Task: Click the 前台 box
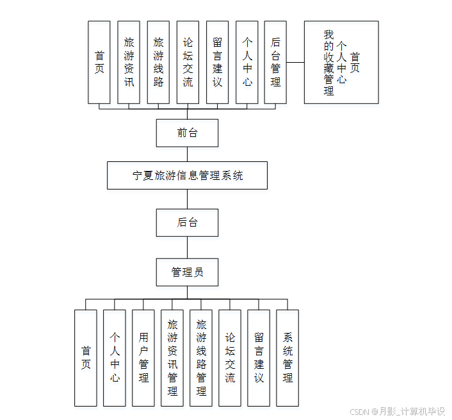click(x=187, y=133)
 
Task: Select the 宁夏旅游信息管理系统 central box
click(x=187, y=175)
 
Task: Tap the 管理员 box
click(x=187, y=272)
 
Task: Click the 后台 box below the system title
click(x=187, y=223)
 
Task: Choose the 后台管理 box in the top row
click(x=275, y=62)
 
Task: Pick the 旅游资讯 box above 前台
click(x=129, y=62)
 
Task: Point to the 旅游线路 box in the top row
click(x=158, y=62)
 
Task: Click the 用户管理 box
click(x=143, y=358)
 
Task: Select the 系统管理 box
click(x=287, y=358)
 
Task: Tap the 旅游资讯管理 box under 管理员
click(x=172, y=358)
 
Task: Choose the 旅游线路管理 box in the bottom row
click(x=201, y=358)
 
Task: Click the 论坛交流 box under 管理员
click(x=230, y=358)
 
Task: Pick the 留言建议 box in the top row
click(x=217, y=62)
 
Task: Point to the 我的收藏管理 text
click(x=329, y=63)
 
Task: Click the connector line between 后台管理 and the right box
click(x=295, y=63)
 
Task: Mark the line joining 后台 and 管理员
click(x=187, y=247)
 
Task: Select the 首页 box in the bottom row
click(x=86, y=358)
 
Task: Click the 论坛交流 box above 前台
click(x=188, y=62)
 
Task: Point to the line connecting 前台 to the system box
click(x=187, y=154)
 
